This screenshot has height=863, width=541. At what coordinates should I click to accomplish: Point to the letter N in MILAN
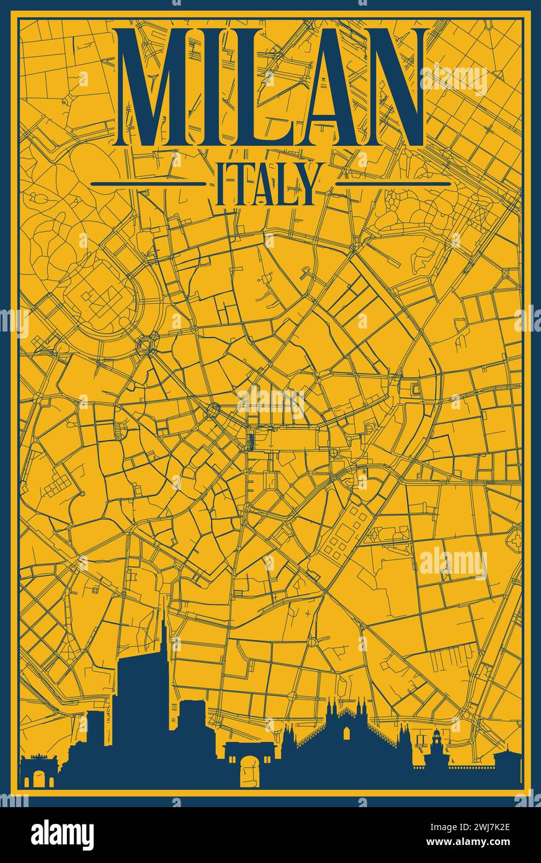pyautogui.click(x=389, y=87)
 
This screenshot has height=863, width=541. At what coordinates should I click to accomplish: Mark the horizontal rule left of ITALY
pyautogui.click(x=147, y=184)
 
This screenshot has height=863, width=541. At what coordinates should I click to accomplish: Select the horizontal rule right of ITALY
pyautogui.click(x=393, y=184)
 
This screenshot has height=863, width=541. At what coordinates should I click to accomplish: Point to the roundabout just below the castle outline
pyautogui.click(x=148, y=342)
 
